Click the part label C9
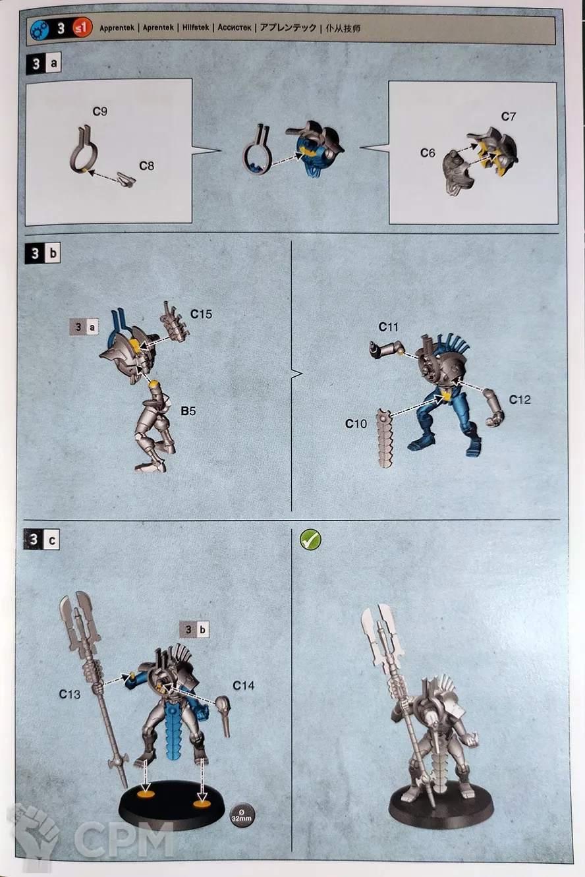pyautogui.click(x=100, y=111)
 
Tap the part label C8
pyautogui.click(x=146, y=166)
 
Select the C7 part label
pyautogui.click(x=509, y=116)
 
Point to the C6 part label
pyautogui.click(x=428, y=153)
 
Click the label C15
pyautogui.click(x=202, y=314)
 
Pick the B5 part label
pyautogui.click(x=188, y=410)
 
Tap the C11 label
pyautogui.click(x=388, y=327)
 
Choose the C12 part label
pyautogui.click(x=520, y=399)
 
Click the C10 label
pyautogui.click(x=356, y=424)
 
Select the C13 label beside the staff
pyautogui.click(x=70, y=694)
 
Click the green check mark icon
pyautogui.click(x=310, y=540)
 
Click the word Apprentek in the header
pyautogui.click(x=117, y=28)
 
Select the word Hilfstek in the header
pyautogui.click(x=196, y=28)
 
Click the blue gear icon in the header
pyautogui.click(x=40, y=29)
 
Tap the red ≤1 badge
pyautogui.click(x=82, y=28)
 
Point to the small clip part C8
pyautogui.click(x=126, y=180)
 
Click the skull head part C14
pyautogui.click(x=225, y=716)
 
